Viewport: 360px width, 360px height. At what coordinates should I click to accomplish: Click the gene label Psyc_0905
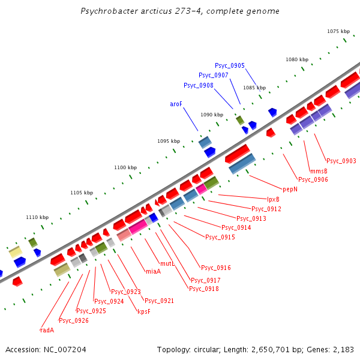tap(230, 65)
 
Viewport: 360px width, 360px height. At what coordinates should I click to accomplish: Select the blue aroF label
tap(176, 104)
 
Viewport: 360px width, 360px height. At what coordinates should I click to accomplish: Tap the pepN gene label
tap(290, 189)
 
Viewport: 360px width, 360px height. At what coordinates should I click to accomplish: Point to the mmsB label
tap(319, 171)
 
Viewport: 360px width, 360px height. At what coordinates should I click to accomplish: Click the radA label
tap(47, 330)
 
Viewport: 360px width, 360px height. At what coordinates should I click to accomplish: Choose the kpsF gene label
tap(143, 311)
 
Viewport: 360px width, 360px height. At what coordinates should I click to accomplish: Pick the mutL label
tap(167, 263)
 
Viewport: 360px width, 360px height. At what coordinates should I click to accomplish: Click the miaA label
tap(153, 271)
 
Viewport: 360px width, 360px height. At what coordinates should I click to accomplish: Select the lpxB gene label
tap(273, 199)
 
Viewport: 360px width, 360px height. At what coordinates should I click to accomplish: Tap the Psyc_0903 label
tap(341, 161)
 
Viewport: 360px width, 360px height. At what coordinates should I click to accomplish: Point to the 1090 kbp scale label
tap(212, 114)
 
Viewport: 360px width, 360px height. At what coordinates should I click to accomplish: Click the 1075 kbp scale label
tap(338, 31)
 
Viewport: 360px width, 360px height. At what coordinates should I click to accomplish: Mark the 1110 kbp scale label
tap(37, 217)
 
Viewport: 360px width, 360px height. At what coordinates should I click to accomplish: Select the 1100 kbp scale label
tap(125, 167)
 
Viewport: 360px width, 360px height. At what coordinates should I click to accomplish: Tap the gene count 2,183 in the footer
tap(343, 349)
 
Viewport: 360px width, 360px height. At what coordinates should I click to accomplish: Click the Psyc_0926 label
tap(74, 320)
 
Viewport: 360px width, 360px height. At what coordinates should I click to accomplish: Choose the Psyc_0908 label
tap(199, 85)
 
